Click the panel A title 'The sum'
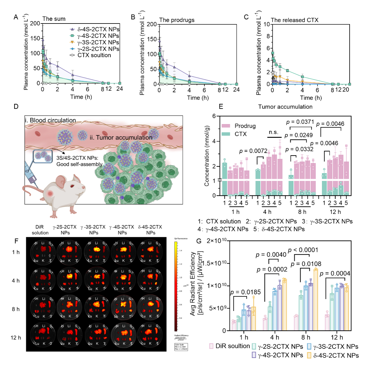click(x=54, y=19)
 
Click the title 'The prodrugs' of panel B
click(x=177, y=20)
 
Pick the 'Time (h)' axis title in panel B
click(x=198, y=98)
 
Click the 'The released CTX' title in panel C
click(x=295, y=20)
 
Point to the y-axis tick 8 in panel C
click(x=268, y=36)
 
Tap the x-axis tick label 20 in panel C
click(x=345, y=90)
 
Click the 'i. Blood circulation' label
click(x=50, y=120)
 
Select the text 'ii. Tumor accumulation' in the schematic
click(x=121, y=137)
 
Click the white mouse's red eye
click(x=72, y=186)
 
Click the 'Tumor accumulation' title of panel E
click(x=285, y=107)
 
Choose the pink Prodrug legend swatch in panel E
click(x=226, y=126)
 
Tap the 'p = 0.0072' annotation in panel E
click(x=253, y=151)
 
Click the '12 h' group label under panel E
click(x=335, y=212)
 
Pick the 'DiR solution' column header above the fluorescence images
click(x=40, y=230)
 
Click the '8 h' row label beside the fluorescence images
click(x=16, y=309)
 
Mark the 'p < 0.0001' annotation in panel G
click(x=303, y=250)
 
